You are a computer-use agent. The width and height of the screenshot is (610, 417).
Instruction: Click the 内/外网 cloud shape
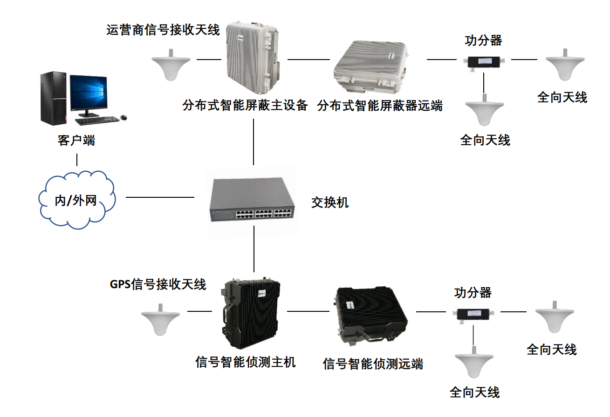77,200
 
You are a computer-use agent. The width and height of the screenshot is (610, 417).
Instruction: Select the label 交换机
329,202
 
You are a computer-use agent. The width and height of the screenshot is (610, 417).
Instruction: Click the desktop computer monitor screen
88,93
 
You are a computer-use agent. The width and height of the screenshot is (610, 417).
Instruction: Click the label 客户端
76,141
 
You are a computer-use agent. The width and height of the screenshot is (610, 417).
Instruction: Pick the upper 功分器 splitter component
484,61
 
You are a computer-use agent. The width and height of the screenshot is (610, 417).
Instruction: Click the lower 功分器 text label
473,293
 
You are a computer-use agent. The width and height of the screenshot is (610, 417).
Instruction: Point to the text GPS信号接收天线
158,284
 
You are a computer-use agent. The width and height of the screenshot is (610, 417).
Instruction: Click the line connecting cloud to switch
160,197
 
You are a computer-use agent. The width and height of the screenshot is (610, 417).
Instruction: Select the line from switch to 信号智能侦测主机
254,249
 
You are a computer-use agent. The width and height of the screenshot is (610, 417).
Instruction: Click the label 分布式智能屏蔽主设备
245,106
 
